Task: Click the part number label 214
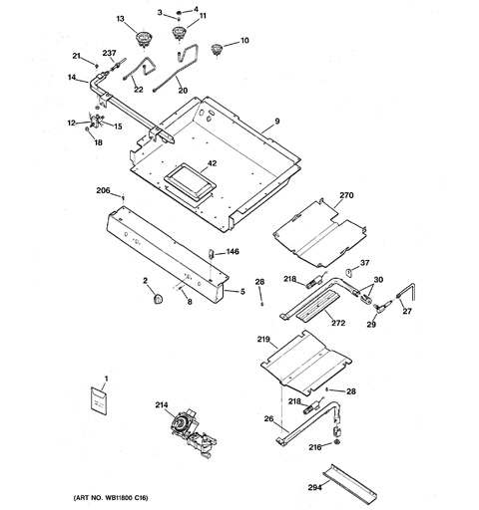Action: click(x=161, y=405)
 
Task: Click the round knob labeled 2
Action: click(x=155, y=300)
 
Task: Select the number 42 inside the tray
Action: click(x=211, y=163)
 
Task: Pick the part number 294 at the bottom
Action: click(x=315, y=489)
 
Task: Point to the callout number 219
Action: click(x=263, y=341)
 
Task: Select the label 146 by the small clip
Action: click(x=233, y=252)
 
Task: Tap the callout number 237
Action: click(x=109, y=53)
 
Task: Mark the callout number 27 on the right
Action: click(x=406, y=311)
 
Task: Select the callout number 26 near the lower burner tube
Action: click(x=268, y=418)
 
